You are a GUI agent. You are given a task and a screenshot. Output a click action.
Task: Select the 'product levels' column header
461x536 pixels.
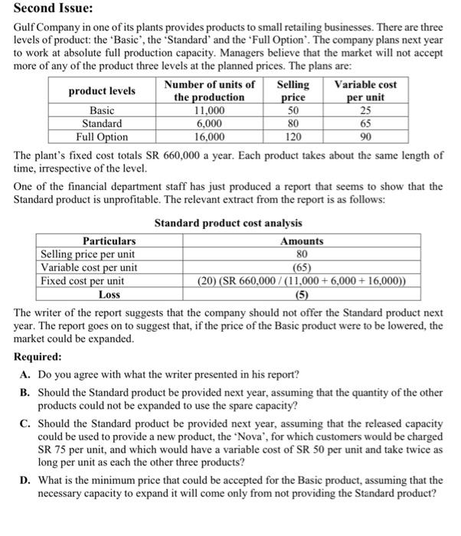(x=102, y=91)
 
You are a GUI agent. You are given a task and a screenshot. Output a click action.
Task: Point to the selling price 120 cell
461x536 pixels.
(x=293, y=137)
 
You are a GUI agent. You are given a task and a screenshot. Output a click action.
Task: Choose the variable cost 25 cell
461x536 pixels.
(x=365, y=110)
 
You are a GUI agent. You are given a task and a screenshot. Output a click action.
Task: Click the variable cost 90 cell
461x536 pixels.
(x=365, y=137)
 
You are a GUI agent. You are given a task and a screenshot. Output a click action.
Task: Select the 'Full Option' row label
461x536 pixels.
(x=102, y=137)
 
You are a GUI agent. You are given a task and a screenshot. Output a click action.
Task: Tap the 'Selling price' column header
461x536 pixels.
(x=293, y=91)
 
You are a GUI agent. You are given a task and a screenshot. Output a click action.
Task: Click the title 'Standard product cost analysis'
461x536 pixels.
(x=228, y=223)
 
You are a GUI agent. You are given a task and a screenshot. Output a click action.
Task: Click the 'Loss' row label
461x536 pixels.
(x=110, y=293)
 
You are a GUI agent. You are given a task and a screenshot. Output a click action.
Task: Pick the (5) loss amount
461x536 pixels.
(x=302, y=293)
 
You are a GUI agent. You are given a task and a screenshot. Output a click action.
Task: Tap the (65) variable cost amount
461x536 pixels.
(x=302, y=267)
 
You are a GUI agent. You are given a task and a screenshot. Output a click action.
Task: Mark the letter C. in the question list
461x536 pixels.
(x=25, y=423)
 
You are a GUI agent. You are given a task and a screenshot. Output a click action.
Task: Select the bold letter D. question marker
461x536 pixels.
(x=25, y=480)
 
